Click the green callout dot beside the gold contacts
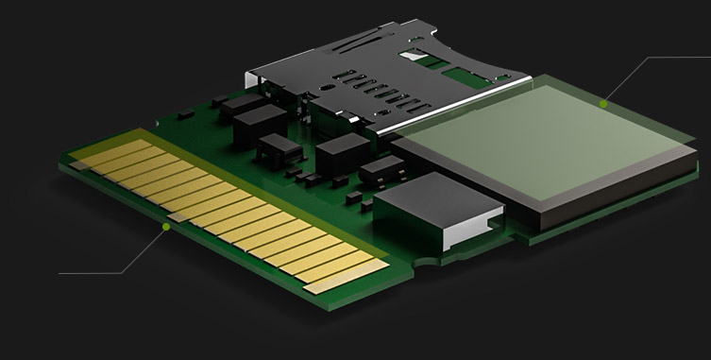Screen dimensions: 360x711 pos(166,227)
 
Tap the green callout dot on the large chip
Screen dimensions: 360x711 pos(603,104)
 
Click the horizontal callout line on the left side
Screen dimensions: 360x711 pos(90,273)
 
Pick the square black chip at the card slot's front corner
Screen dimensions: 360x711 pos(342,151)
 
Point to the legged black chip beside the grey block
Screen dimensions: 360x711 pos(381,170)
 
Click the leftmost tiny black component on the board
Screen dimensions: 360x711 pos(186,114)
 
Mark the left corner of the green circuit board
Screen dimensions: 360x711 pos(62,165)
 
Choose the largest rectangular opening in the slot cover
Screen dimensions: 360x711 pos(416,58)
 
